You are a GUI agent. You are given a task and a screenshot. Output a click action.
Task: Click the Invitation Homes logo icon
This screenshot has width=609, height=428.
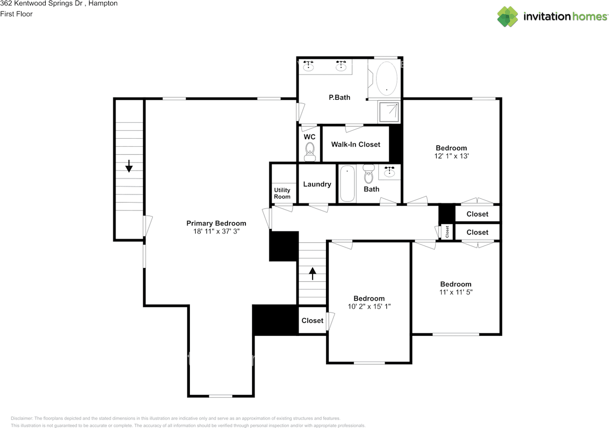tap(508, 17)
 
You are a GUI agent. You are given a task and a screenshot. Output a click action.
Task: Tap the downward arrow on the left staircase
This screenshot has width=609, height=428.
tap(128, 166)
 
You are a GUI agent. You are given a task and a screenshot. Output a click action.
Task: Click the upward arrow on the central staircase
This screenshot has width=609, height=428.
tap(313, 273)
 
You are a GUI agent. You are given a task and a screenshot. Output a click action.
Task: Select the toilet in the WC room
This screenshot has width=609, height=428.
tap(310, 152)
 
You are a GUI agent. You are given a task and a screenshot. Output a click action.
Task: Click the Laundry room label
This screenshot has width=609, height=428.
tap(317, 184)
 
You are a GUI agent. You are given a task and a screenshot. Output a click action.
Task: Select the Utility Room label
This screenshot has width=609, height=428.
tap(282, 193)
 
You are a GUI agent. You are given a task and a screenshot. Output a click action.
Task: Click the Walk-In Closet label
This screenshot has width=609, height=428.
tap(356, 144)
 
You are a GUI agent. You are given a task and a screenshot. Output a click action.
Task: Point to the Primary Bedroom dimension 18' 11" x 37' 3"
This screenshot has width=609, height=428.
tap(216, 231)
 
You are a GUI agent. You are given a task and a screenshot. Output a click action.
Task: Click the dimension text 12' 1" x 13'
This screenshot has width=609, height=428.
tap(451, 156)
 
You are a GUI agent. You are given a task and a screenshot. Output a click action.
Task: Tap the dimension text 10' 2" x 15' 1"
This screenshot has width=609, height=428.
tap(369, 306)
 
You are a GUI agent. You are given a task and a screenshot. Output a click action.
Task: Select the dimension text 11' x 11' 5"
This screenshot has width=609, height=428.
tap(455, 292)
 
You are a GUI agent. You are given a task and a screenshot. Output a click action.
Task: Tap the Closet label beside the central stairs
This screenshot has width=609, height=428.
tap(313, 321)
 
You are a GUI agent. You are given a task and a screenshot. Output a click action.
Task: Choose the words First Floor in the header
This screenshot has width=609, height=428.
tap(17, 14)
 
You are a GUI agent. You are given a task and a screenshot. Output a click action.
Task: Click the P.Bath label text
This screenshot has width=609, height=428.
tap(340, 97)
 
